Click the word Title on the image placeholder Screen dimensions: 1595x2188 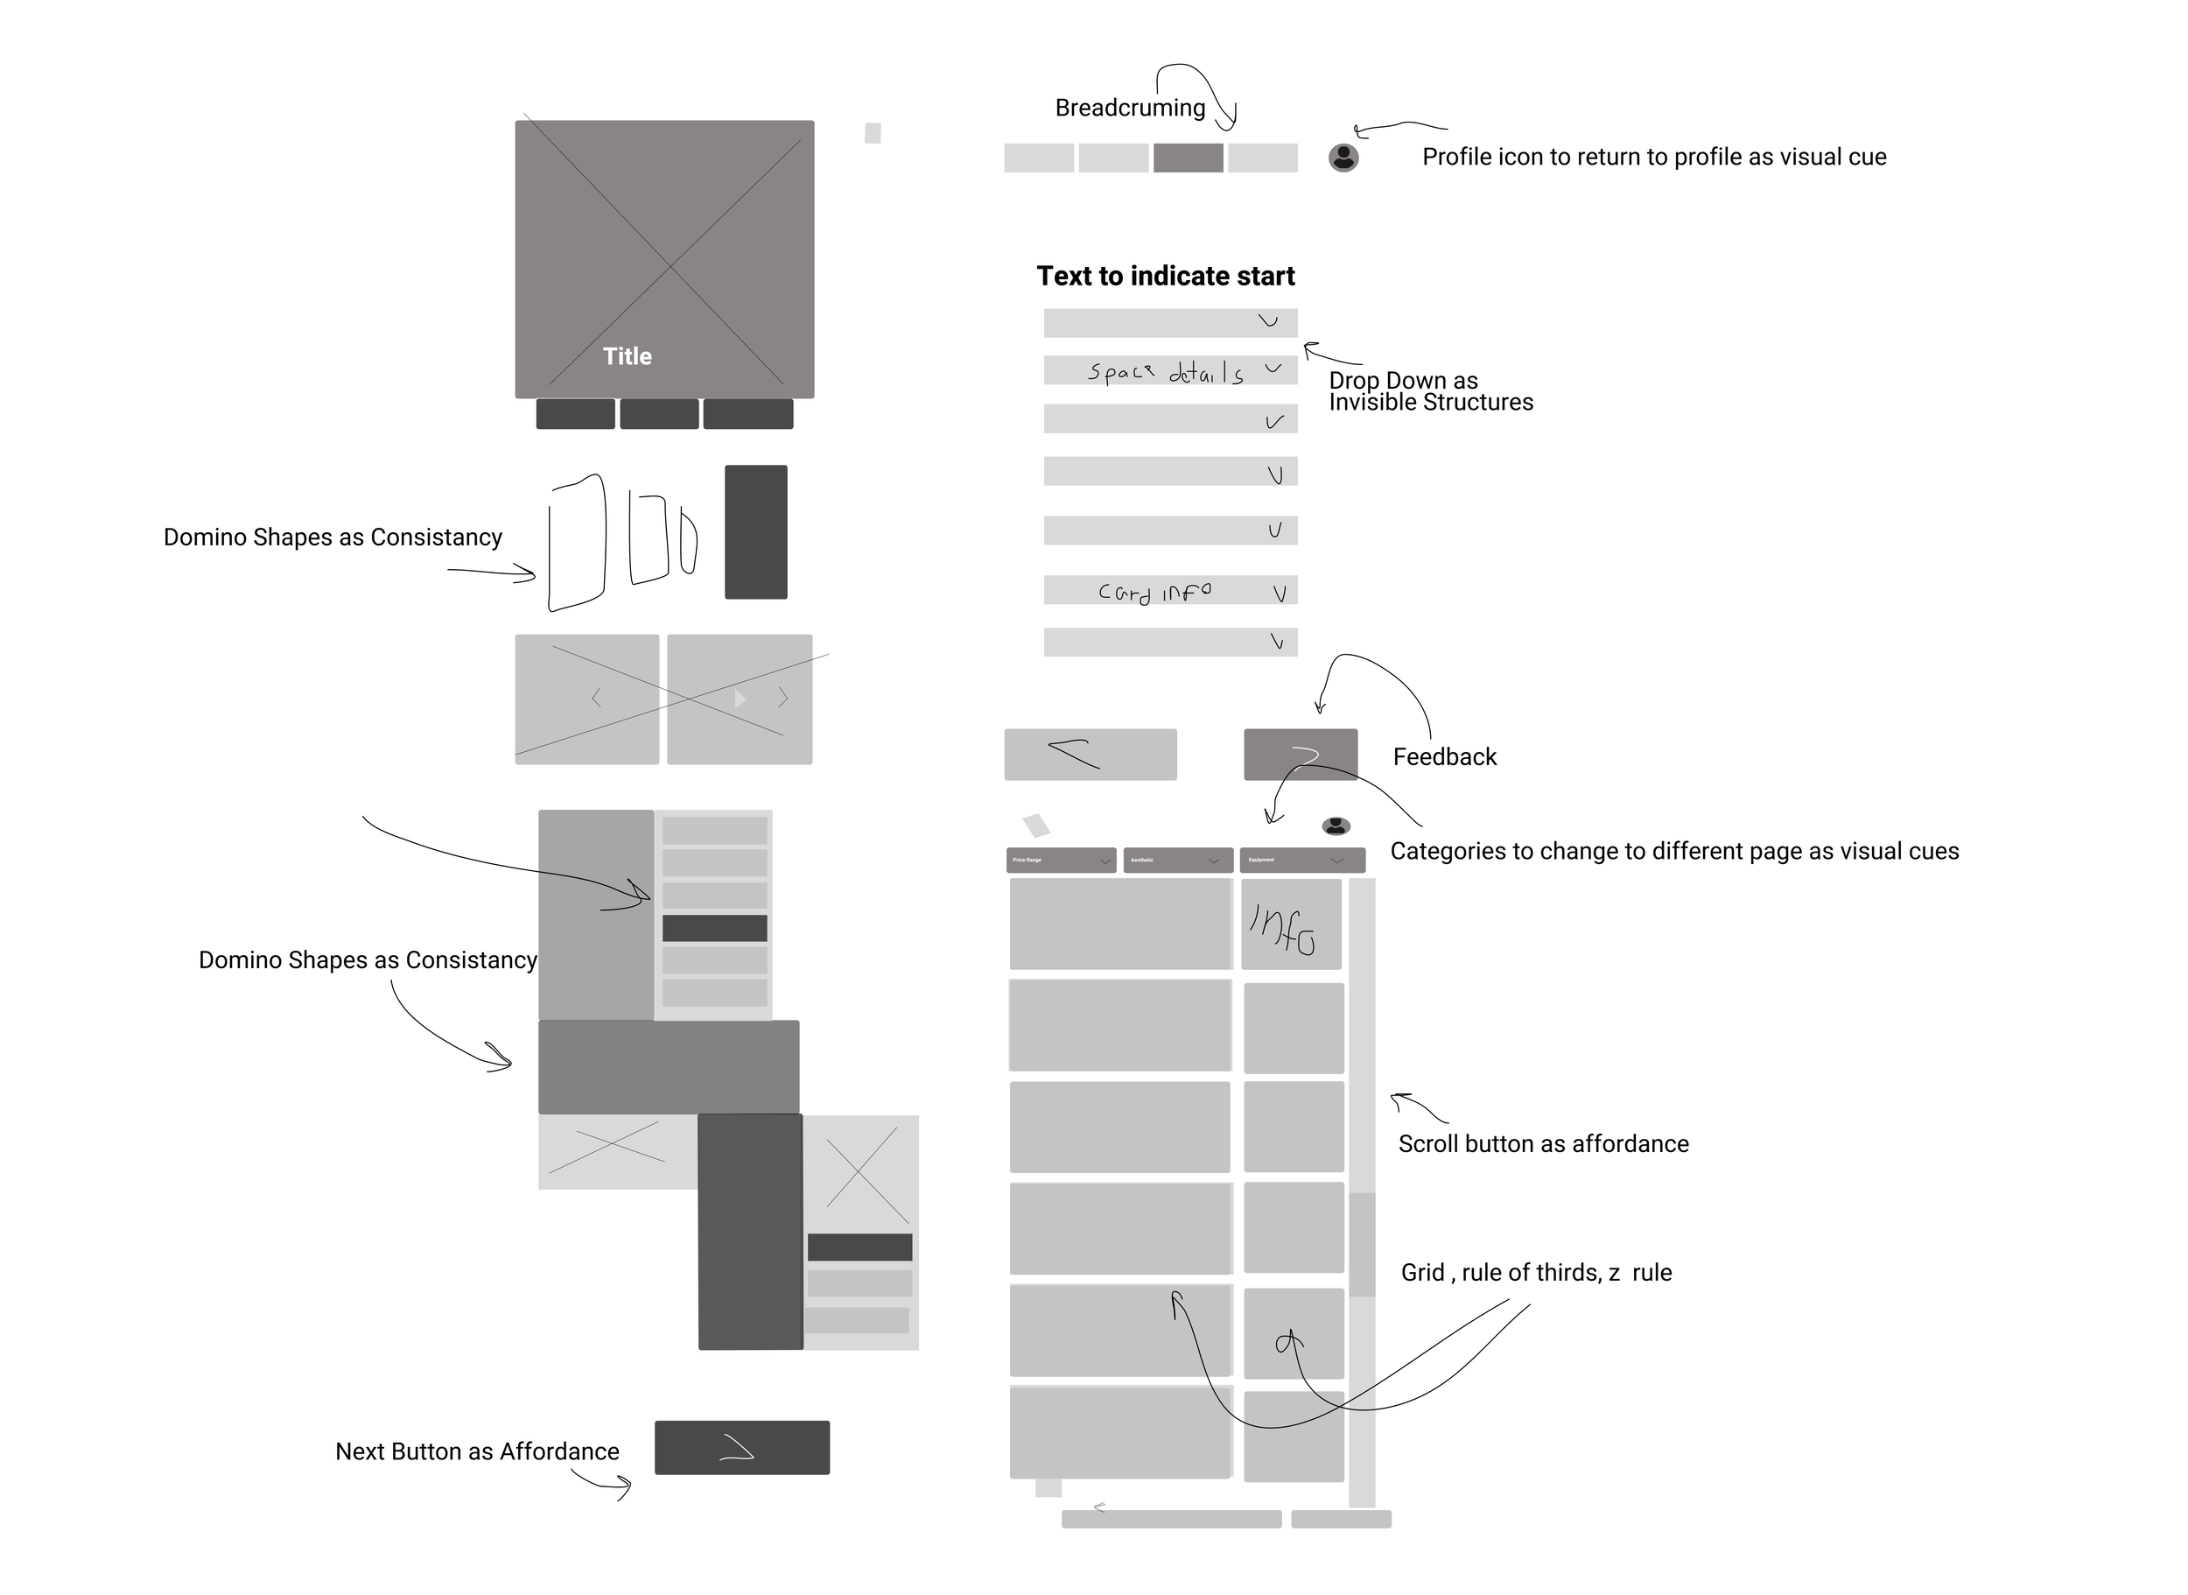coord(628,356)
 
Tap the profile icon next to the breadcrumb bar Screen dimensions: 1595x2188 coord(1343,158)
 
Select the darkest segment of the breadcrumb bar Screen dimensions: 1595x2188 coord(1189,158)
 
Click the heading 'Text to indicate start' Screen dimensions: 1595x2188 coord(1165,276)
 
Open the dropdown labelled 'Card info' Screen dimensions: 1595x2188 coord(1170,591)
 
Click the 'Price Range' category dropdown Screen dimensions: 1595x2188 coord(1061,861)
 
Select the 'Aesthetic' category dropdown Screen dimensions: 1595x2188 coord(1177,861)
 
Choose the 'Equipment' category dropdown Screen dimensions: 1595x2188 coord(1301,861)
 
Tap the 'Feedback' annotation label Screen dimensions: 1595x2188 coord(1444,757)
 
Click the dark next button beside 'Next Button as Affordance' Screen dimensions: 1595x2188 coord(741,1447)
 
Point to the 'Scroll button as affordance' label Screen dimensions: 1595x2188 coord(1542,1144)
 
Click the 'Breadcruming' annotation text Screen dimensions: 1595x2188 coord(1129,109)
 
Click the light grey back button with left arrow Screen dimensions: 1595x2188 coord(1090,754)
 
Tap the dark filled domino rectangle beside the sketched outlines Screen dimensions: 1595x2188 coord(755,532)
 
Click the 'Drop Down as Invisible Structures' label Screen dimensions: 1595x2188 coord(1429,391)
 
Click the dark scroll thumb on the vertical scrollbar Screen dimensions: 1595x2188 coord(1361,1245)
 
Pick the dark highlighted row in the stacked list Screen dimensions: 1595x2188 coord(714,928)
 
